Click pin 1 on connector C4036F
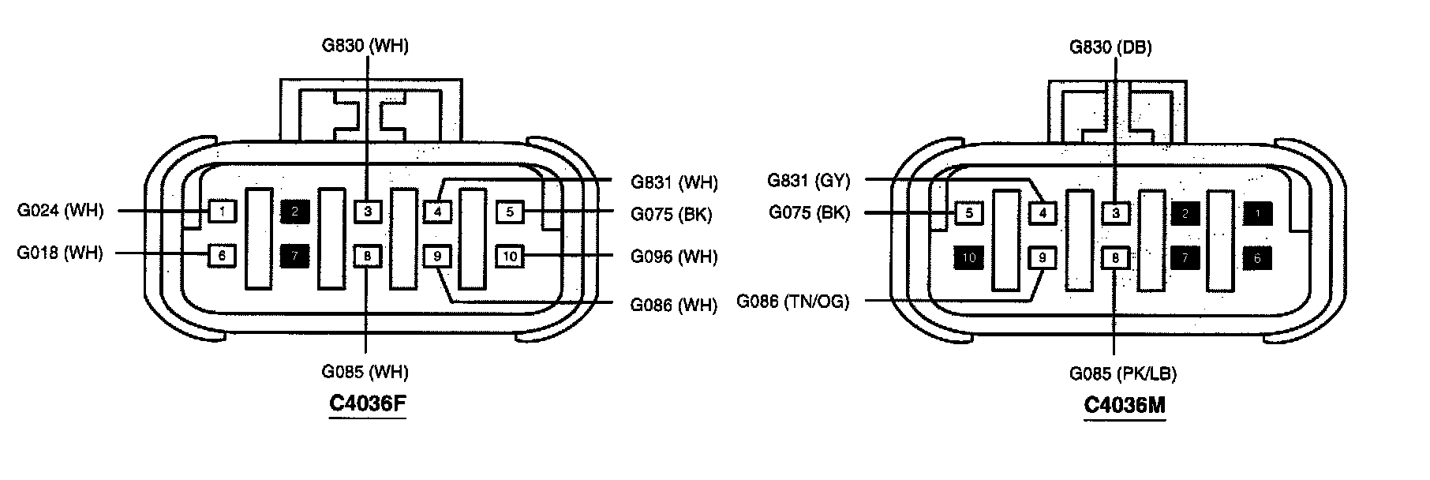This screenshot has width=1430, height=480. coord(223,211)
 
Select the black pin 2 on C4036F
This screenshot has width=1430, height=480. coord(295,211)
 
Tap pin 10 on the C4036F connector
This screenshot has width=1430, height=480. coord(511,256)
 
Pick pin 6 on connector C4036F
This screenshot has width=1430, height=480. coord(223,255)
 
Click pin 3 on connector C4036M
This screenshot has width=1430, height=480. coord(1115,212)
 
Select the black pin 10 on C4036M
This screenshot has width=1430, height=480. coord(969,257)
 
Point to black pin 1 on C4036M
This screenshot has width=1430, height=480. coord(1258,212)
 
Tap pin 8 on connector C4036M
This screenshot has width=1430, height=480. coord(1115,257)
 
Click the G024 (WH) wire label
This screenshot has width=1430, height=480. coord(60,211)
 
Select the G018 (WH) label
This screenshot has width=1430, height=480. coord(60,253)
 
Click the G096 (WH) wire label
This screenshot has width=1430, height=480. coord(674,257)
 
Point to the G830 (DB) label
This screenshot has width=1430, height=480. coord(1110,47)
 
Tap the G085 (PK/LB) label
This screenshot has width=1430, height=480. coord(1123,373)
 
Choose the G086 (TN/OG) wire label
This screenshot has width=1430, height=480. coord(793,302)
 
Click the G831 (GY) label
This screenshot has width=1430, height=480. coord(809,181)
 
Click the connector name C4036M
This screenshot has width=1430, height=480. coord(1125,405)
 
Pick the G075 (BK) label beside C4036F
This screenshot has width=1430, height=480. coord(671,213)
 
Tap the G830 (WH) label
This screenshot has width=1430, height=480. coord(365,46)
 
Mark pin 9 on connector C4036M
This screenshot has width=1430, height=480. coord(1043,257)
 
